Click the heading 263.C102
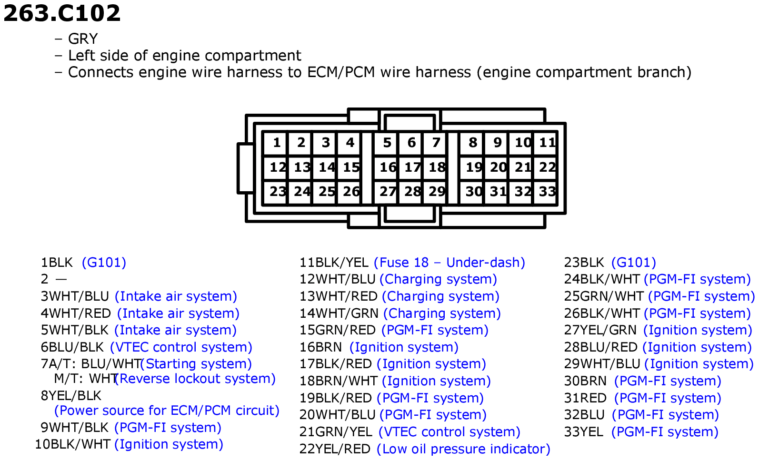click(62, 13)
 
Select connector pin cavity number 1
click(276, 143)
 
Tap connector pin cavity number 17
click(411, 167)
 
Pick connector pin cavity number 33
click(546, 192)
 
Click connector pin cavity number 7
click(436, 143)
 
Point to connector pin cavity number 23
click(276, 192)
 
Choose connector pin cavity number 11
click(546, 143)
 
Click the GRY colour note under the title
click(83, 39)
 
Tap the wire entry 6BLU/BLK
click(72, 347)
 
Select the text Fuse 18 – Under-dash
click(449, 263)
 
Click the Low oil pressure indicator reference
click(463, 449)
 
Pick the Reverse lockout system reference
click(195, 379)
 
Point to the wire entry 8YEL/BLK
click(71, 396)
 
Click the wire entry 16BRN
click(320, 347)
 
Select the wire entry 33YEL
click(583, 432)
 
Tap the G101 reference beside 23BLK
click(634, 263)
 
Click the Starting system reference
click(196, 364)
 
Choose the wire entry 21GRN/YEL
click(336, 432)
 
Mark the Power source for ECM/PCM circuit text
click(167, 411)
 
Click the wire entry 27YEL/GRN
click(600, 330)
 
